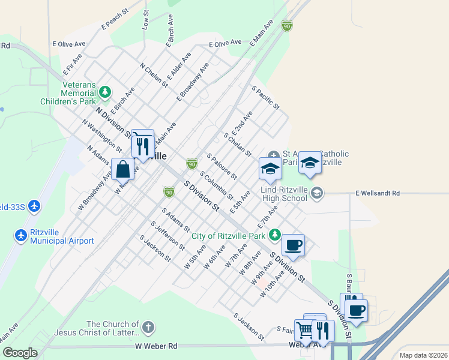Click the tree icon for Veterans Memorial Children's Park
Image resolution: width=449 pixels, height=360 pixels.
105,92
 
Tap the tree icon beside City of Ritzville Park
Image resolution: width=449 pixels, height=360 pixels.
274,234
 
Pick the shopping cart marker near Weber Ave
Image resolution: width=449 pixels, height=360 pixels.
305,329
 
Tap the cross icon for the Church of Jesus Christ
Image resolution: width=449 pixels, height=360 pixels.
148,327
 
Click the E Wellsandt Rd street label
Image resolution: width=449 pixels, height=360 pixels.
377,193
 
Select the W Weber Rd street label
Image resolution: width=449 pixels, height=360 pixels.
156,346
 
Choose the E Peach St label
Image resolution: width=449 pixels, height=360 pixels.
116,19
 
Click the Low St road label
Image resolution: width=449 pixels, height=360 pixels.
145,20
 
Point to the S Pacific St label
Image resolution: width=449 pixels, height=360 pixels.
265,97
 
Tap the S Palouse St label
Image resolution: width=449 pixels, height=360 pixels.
222,166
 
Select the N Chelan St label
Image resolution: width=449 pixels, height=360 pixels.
154,76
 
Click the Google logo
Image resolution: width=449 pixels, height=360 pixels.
20,353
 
